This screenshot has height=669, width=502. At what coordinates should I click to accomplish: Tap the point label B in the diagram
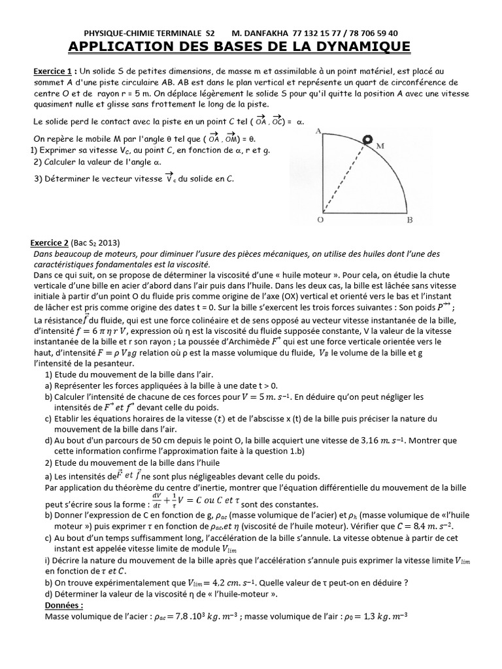coord(409,220)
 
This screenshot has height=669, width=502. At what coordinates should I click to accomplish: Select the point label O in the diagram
coord(320,220)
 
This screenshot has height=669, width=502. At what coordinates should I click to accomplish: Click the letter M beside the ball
coord(379,146)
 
